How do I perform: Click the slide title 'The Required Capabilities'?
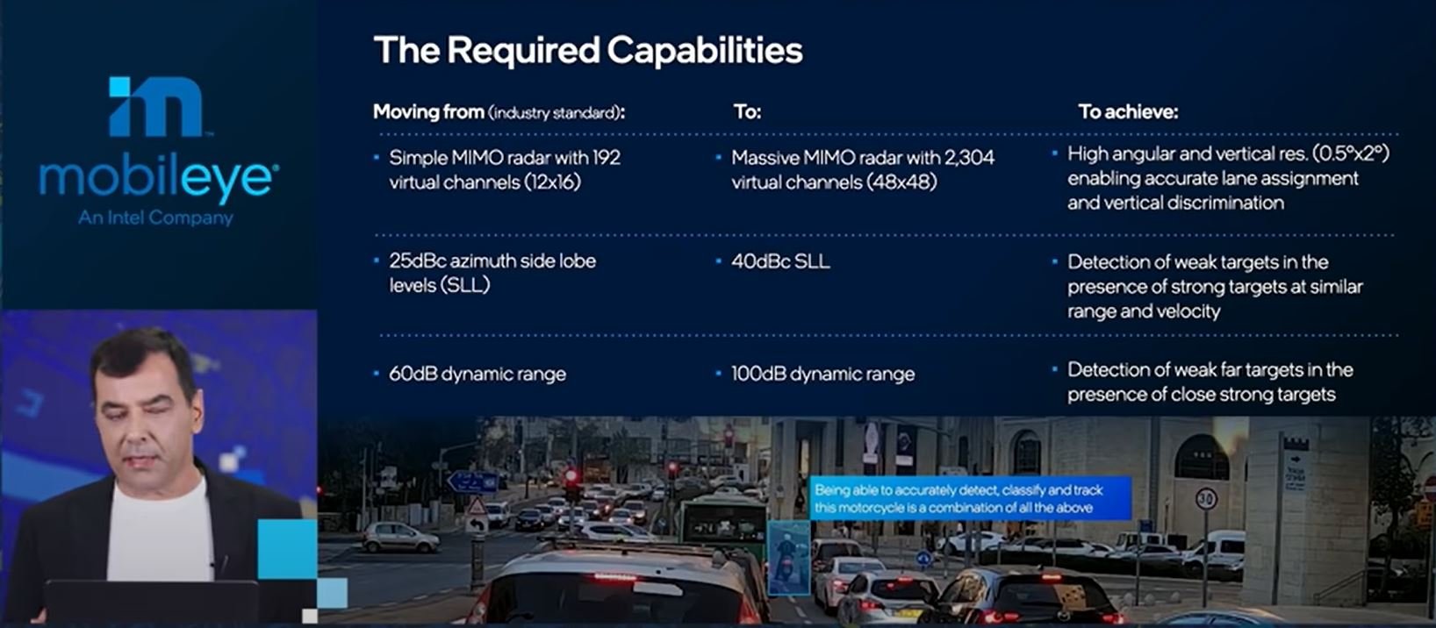click(588, 50)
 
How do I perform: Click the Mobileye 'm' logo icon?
click(156, 106)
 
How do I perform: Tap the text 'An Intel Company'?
click(155, 218)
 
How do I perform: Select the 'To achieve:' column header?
click(1128, 112)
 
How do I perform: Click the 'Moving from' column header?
click(428, 112)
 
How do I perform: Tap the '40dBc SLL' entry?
click(780, 261)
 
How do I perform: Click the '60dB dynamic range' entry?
click(477, 375)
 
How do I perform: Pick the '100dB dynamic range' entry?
click(823, 375)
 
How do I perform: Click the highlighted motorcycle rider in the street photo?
click(787, 556)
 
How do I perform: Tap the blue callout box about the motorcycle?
click(970, 498)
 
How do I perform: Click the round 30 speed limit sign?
click(1207, 498)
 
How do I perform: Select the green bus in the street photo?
click(723, 520)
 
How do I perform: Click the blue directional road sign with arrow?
click(473, 482)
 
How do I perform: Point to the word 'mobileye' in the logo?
click(158, 180)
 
